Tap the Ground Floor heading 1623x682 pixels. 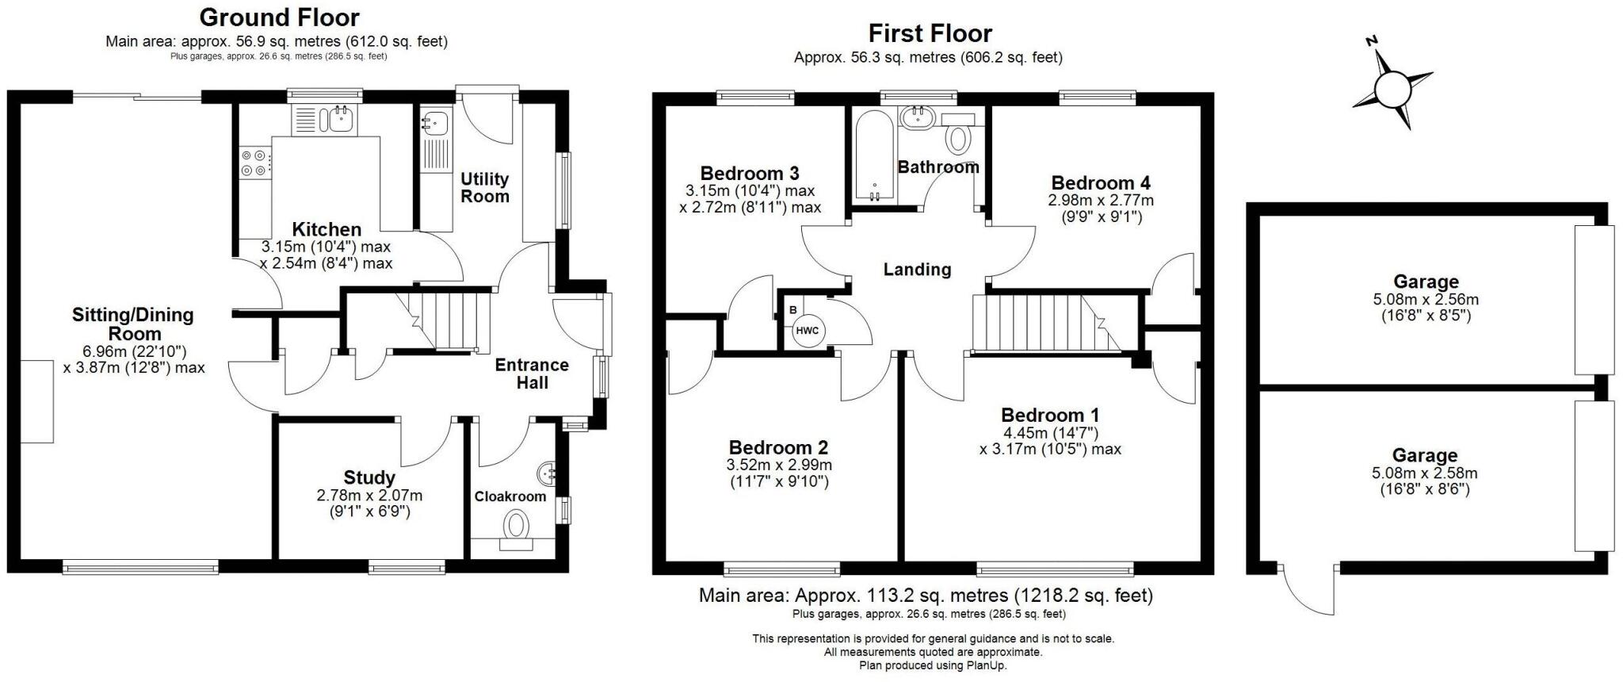coord(279,17)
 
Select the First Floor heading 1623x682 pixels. coord(930,33)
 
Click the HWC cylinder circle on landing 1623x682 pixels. coord(807,331)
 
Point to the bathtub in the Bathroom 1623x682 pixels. coord(874,155)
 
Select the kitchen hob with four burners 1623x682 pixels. coord(255,163)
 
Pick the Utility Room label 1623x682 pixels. coord(485,188)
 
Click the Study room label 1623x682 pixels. coord(369,477)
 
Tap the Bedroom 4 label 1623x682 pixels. coord(1100,182)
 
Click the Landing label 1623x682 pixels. coord(917,270)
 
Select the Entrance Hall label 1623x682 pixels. coord(532,374)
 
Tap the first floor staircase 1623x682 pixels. coord(1046,322)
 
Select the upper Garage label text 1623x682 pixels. coord(1426,282)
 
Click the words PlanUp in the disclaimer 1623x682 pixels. coord(987,666)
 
